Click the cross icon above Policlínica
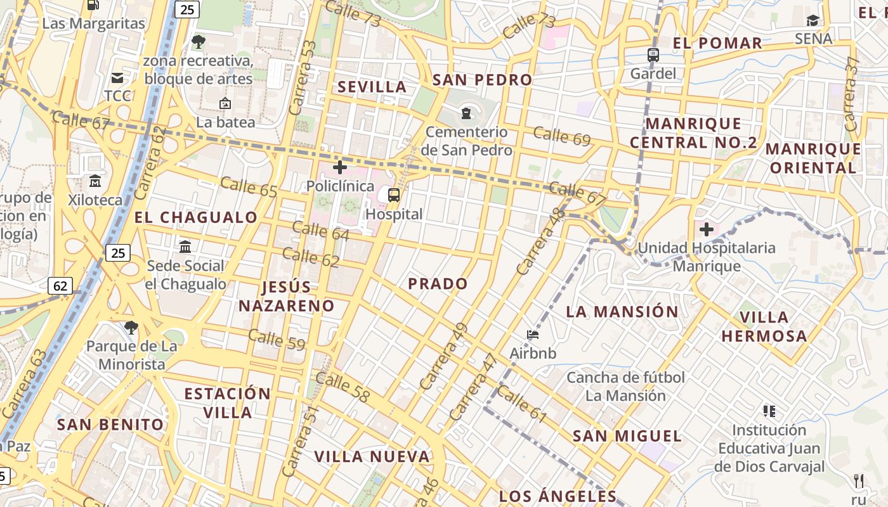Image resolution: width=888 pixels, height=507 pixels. pyautogui.click(x=340, y=167)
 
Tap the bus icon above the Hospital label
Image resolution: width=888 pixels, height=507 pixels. pyautogui.click(x=394, y=195)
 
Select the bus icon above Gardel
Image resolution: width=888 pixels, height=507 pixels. pyautogui.click(x=653, y=55)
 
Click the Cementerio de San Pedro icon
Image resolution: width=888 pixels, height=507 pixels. pyautogui.click(x=467, y=113)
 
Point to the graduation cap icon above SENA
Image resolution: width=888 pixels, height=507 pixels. pyautogui.click(x=813, y=21)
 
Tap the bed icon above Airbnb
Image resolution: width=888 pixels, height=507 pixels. pyautogui.click(x=533, y=334)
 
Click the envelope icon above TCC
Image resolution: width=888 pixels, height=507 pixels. pyautogui.click(x=117, y=78)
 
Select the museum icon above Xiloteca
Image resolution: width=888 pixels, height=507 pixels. pyautogui.click(x=95, y=181)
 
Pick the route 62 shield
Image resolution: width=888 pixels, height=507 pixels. pyautogui.click(x=60, y=286)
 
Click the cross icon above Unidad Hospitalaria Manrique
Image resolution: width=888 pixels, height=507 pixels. pyautogui.click(x=707, y=229)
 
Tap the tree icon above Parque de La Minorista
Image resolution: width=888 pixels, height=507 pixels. pyautogui.click(x=131, y=328)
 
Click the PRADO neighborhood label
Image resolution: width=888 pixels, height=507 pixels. pyautogui.click(x=438, y=284)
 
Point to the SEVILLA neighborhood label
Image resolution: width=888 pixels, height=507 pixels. pyautogui.click(x=372, y=87)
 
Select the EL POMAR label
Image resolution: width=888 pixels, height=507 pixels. pyautogui.click(x=717, y=43)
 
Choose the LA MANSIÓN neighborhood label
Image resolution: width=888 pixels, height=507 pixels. pyautogui.click(x=622, y=312)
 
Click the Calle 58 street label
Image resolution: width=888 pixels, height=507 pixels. pyautogui.click(x=343, y=388)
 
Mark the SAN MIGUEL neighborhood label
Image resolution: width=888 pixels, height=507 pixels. pyautogui.click(x=627, y=436)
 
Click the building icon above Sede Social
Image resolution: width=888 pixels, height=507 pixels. pyautogui.click(x=185, y=247)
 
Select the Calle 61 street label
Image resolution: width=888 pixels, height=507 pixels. pyautogui.click(x=521, y=404)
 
